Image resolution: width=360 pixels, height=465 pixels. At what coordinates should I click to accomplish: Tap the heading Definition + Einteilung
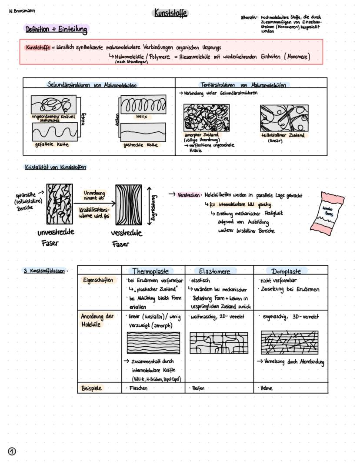[x=57, y=30]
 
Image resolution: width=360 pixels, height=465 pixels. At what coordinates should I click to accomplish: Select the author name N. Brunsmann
[x=22, y=11]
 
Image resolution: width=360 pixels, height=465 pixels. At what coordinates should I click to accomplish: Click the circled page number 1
[x=12, y=451]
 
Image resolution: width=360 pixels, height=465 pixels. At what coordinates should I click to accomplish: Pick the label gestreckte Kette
[x=140, y=145]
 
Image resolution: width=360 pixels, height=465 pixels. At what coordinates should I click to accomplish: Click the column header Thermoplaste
[x=150, y=271]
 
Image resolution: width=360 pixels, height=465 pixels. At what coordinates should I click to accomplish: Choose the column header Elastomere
[x=214, y=271]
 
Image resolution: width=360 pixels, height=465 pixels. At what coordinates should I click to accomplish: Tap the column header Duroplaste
[x=286, y=271]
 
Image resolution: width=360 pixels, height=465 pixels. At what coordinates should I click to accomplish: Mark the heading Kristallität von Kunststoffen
[x=55, y=167]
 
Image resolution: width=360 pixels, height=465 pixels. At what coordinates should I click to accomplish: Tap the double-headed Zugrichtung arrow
[x=149, y=204]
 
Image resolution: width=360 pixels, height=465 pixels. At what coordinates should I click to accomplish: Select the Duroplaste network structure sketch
[x=287, y=342]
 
